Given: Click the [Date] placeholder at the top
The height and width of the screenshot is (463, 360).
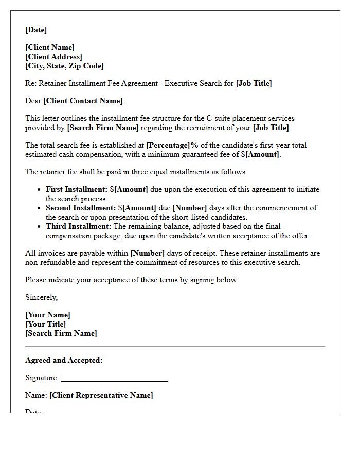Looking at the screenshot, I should pos(36,30).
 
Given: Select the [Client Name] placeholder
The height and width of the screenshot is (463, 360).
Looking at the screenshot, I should pos(50,47).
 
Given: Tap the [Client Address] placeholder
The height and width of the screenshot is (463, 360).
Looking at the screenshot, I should pos(53,57).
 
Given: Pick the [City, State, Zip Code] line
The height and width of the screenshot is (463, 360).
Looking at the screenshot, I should pos(64,66).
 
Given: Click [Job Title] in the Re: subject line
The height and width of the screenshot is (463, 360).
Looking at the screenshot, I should pos(254,83).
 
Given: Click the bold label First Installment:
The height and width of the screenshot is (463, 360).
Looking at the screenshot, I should pos(77,189).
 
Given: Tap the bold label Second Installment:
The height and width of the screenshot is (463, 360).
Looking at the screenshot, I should pos(81,208).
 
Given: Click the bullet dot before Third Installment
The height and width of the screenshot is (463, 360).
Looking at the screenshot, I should pos(39,226).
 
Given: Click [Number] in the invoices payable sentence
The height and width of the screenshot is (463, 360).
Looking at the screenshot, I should pos(148,253).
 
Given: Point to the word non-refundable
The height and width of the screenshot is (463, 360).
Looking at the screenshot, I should pos(49,262).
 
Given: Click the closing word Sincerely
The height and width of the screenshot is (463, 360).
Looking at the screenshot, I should pos(41,297).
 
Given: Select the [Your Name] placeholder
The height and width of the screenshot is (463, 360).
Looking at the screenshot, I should pos(47,315).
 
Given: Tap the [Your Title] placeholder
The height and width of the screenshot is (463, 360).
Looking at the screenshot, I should pos(45,324).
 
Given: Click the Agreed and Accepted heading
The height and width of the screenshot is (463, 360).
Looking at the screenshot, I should pos(64,360).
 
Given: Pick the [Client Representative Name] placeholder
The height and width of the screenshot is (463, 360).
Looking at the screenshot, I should pos(101,395).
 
